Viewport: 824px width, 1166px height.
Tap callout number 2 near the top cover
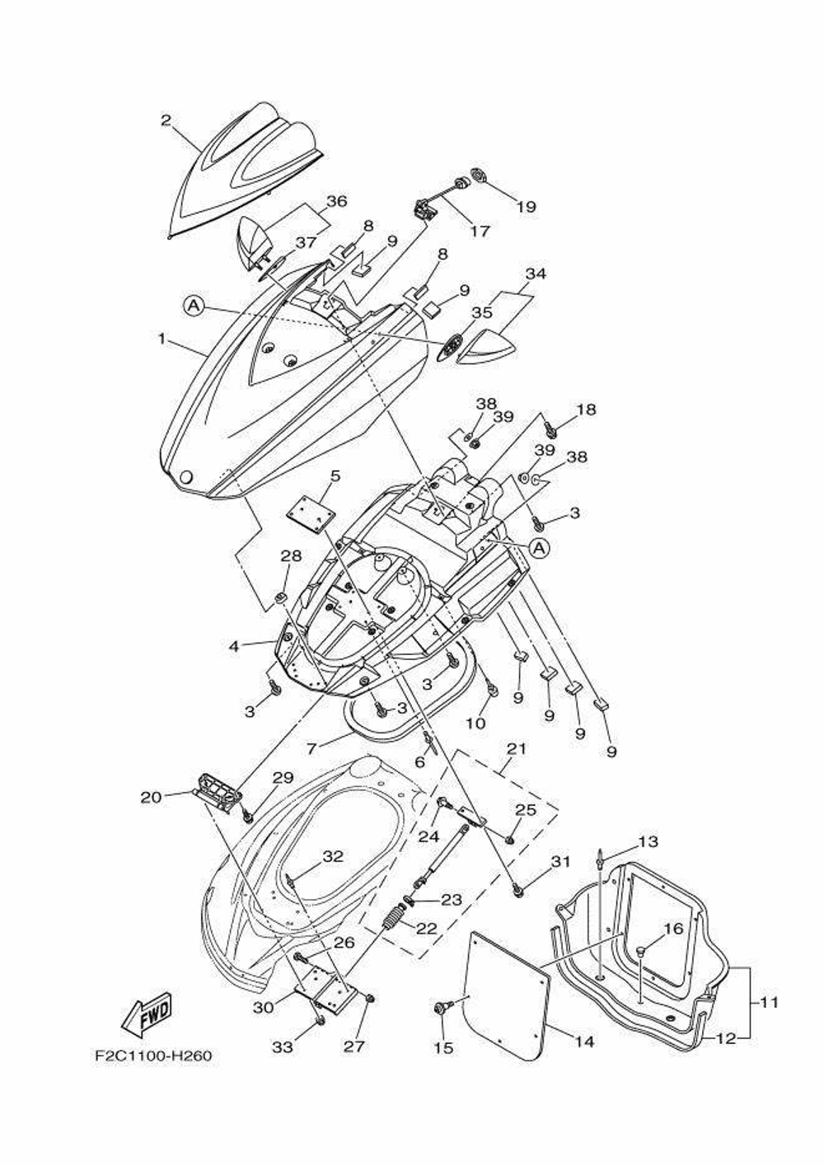tap(166, 120)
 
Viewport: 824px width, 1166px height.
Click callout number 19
tap(526, 206)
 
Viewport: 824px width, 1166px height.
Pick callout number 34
tap(536, 274)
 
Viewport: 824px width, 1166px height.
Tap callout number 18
tap(586, 410)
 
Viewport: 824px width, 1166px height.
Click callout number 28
tap(292, 555)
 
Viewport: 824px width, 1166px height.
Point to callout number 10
tap(476, 723)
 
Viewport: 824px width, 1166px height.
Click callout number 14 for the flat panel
tap(583, 1042)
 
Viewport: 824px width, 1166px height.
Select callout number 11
tap(768, 1003)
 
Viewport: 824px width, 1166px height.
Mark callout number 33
tap(283, 1047)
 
